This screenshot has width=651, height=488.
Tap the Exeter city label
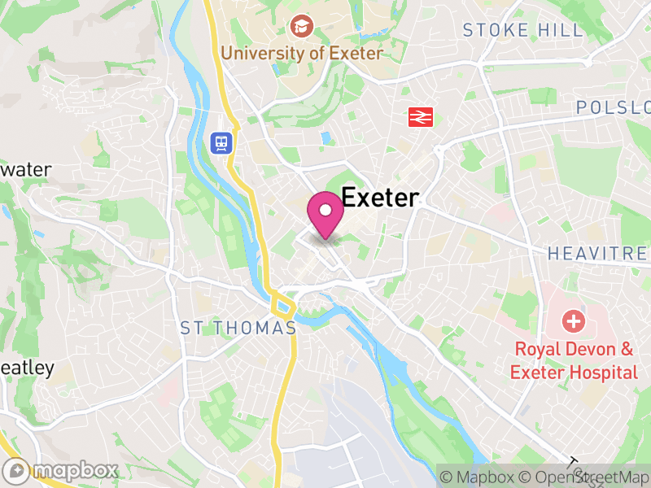[x=380, y=198]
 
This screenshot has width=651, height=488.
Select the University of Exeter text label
[x=302, y=54]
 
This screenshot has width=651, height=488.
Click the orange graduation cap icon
[x=302, y=27]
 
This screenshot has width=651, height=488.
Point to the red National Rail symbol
[x=420, y=117]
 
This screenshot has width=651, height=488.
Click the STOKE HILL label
[x=523, y=31]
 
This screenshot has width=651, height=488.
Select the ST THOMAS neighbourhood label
[x=238, y=328]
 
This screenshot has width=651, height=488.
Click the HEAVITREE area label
[x=597, y=254]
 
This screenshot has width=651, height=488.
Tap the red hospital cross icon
[x=575, y=320]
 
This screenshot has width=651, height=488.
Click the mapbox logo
[x=61, y=470]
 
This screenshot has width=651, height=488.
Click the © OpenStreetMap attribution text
[x=585, y=477]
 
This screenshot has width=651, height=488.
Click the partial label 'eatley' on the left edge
[x=28, y=368]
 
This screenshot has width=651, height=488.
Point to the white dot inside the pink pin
[x=325, y=211]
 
